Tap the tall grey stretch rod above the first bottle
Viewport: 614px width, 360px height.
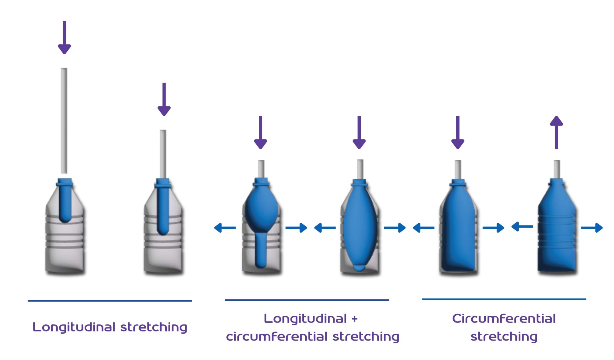point(64,120)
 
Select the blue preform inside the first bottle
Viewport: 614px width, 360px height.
point(65,204)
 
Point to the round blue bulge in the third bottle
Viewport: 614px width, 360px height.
point(261,210)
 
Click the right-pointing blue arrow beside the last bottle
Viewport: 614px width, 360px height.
point(592,228)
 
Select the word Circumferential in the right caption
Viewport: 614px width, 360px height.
point(504,319)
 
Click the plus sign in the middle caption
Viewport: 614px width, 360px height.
point(355,319)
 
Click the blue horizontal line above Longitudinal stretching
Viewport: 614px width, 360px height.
point(110,301)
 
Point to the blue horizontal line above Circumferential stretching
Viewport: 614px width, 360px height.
point(504,299)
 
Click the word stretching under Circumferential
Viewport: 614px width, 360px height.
point(504,337)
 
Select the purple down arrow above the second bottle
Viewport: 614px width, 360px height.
point(164,99)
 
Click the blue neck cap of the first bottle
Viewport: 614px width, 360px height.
point(65,182)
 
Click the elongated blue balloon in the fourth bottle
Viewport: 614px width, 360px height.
point(359,228)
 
